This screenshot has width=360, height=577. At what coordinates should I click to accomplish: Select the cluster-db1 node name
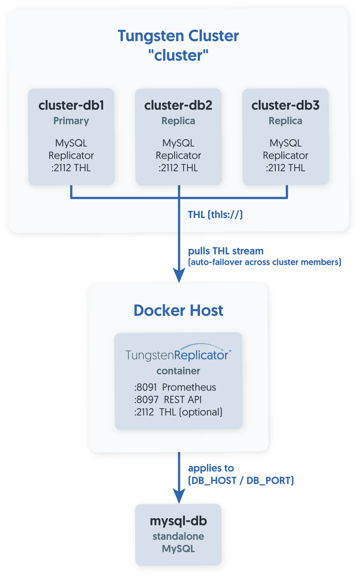71,105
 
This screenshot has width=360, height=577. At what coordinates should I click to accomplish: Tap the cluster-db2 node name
178,105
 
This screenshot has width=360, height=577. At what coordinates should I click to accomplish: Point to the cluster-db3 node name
285,105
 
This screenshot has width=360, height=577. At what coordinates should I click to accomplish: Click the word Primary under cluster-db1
71,121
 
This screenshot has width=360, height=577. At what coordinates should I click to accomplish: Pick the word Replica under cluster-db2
178,121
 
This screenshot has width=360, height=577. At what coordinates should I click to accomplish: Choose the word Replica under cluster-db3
285,121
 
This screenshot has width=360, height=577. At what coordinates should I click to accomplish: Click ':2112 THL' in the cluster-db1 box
71,168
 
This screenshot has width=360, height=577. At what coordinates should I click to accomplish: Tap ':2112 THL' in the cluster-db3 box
285,168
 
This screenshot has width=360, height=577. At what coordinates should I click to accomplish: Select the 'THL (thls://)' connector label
215,215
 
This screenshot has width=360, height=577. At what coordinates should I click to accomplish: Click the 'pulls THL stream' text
225,251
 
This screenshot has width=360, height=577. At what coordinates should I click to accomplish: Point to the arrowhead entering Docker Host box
179,276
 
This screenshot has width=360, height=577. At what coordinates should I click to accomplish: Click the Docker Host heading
178,311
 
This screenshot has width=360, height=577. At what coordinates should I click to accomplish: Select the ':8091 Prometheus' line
175,387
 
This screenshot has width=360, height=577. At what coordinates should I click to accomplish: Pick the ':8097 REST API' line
168,400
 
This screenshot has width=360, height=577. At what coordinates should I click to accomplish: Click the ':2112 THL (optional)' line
179,412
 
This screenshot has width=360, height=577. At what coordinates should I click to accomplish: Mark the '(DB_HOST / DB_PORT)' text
241,481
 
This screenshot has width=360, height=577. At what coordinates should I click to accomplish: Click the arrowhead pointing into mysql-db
179,496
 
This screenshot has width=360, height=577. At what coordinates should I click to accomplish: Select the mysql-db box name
178,521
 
